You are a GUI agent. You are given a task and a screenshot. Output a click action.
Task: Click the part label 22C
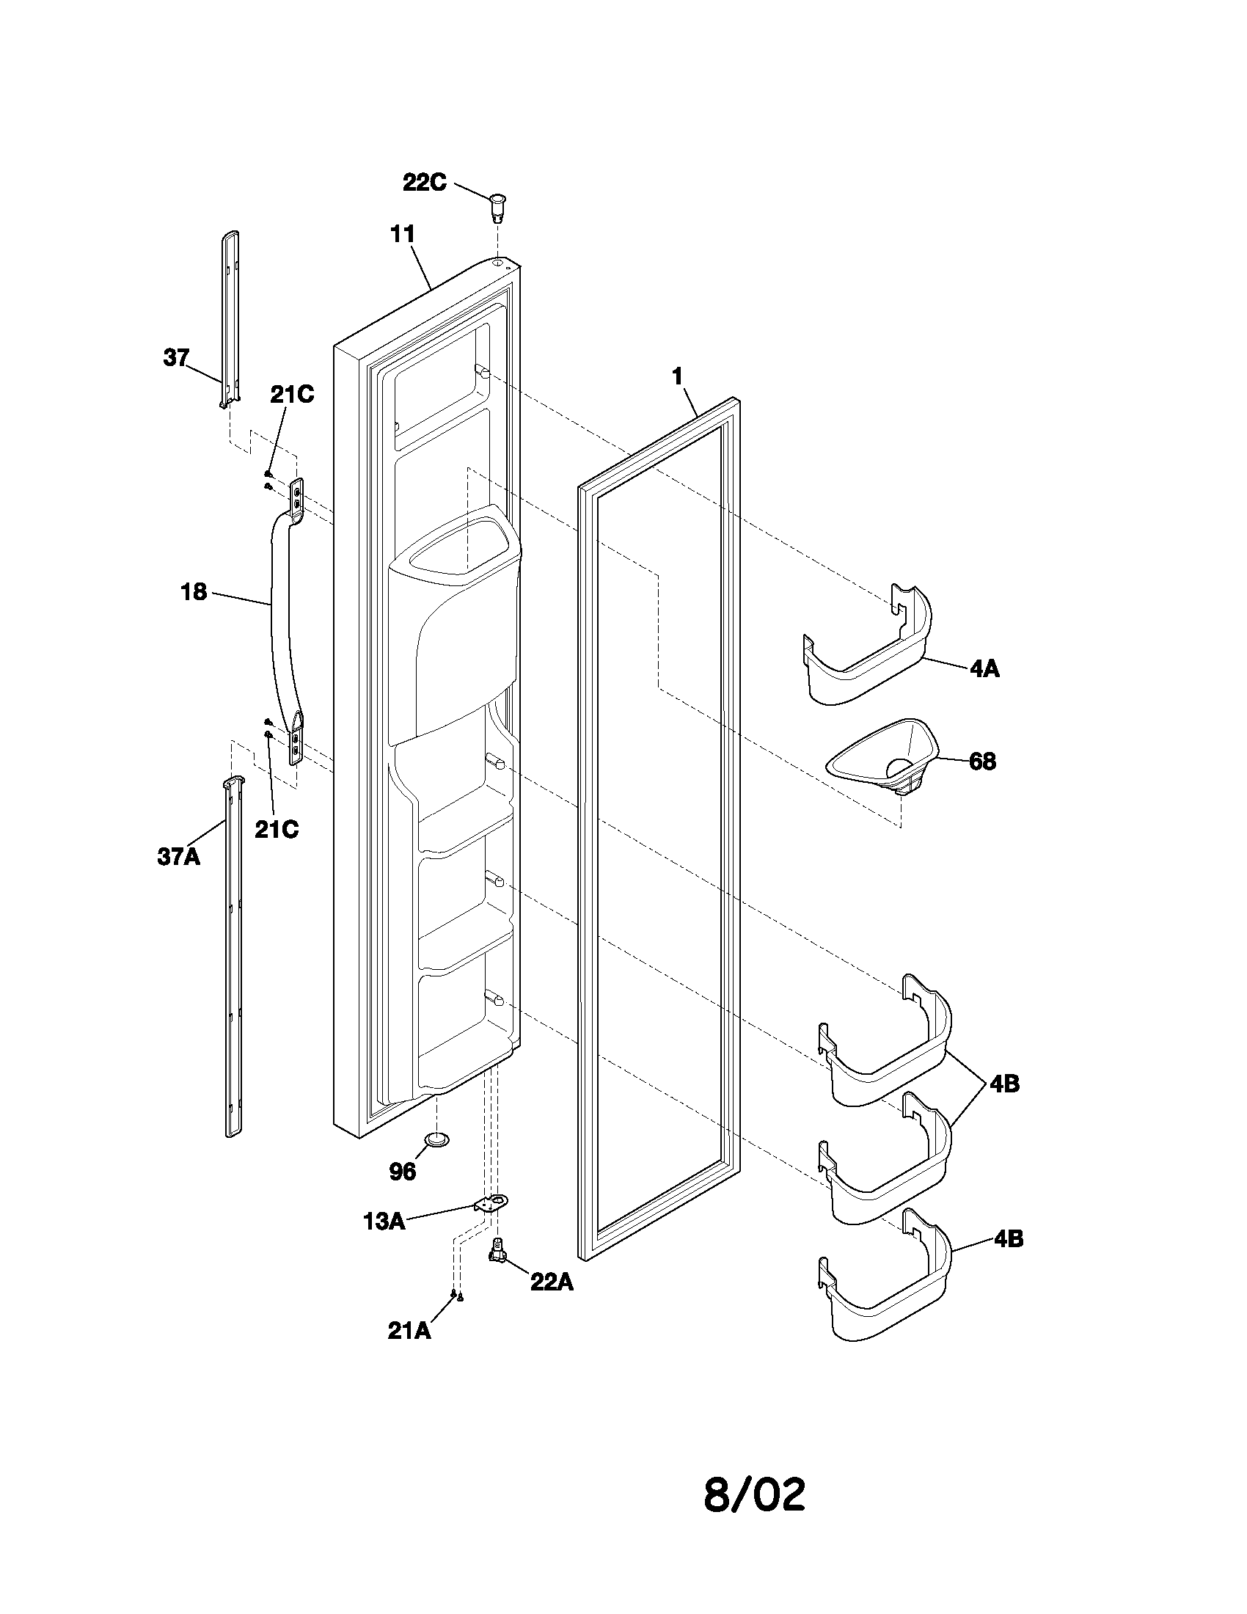click(424, 182)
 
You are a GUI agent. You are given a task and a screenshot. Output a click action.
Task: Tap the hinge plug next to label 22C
click(500, 204)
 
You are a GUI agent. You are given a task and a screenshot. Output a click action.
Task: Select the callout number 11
click(403, 234)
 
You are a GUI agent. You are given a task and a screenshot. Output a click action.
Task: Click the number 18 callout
click(194, 592)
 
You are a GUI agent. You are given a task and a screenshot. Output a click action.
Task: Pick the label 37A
click(178, 856)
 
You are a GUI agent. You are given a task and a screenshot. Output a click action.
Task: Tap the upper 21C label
click(291, 395)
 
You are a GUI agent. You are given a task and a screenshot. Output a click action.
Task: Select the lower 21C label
click(277, 829)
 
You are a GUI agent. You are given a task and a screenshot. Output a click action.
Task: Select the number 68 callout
click(981, 762)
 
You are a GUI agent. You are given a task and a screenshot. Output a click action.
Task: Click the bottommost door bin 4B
click(887, 1286)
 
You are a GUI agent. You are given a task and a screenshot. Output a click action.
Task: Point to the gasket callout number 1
click(677, 376)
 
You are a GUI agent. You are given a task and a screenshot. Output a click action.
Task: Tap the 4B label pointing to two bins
click(1004, 1084)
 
